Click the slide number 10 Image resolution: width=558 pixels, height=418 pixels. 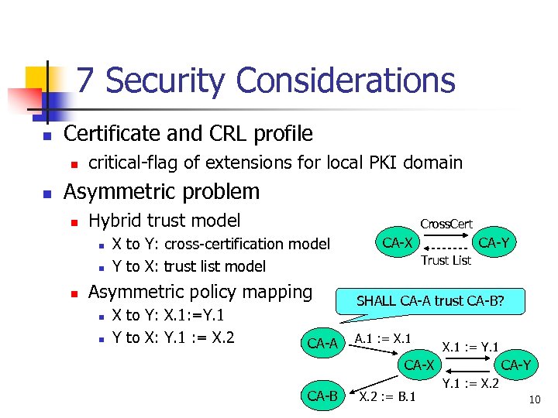tap(534, 400)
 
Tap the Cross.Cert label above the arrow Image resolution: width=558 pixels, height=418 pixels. tap(446, 224)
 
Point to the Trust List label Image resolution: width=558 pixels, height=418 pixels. tap(446, 260)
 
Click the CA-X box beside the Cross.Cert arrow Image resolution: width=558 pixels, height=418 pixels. tap(398, 243)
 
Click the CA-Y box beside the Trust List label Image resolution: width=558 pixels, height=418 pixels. tap(494, 243)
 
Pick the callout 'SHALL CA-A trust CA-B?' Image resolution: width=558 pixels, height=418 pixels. tap(430, 301)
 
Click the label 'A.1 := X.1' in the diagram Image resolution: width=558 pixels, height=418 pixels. tap(382, 338)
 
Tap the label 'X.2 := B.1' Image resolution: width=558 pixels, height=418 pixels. tap(387, 397)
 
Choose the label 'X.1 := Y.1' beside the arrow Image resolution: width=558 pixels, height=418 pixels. tap(470, 346)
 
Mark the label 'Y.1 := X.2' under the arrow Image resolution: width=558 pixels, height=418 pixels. tap(470, 383)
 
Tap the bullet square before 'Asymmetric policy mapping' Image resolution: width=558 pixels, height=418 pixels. tap(74, 294)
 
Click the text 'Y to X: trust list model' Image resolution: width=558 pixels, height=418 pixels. tap(188, 266)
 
